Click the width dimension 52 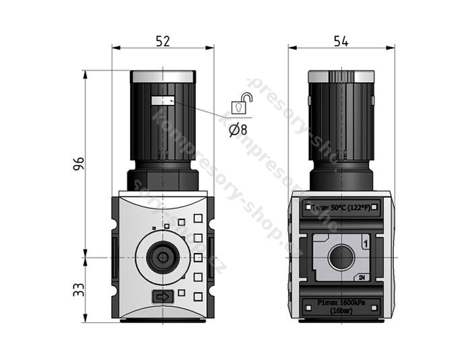coord(162,41)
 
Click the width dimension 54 coord(341,41)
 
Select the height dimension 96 coord(78,164)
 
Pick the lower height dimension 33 coord(78,289)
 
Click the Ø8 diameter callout coord(238,130)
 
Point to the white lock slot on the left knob coord(162,101)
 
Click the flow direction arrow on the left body coord(162,296)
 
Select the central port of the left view coord(162,257)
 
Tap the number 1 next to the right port coord(364,244)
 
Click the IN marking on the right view coord(362,277)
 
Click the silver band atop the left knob coord(162,76)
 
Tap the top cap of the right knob coord(341,75)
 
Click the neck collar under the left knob coord(162,180)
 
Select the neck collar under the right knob coord(341,180)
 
